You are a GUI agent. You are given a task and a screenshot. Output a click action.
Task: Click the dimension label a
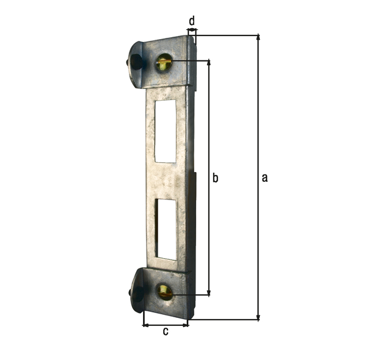(x=264, y=178)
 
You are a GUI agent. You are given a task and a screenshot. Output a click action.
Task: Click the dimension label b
(x=214, y=178)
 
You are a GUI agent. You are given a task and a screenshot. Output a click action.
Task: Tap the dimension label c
(x=165, y=332)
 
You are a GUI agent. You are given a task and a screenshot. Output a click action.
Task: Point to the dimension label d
(x=191, y=21)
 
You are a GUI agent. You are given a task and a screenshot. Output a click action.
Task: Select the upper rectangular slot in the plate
(x=165, y=131)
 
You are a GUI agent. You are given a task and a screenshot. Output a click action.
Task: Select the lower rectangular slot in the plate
(x=166, y=228)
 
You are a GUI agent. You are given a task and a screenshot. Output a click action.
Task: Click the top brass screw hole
(x=164, y=62)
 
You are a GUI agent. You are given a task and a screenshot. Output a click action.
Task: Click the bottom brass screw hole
(x=165, y=292)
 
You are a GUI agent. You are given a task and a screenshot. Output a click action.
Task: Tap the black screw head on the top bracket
(x=136, y=62)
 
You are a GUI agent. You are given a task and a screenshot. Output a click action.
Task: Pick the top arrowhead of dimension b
(x=209, y=63)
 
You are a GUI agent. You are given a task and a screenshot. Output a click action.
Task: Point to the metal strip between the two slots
(x=166, y=180)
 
